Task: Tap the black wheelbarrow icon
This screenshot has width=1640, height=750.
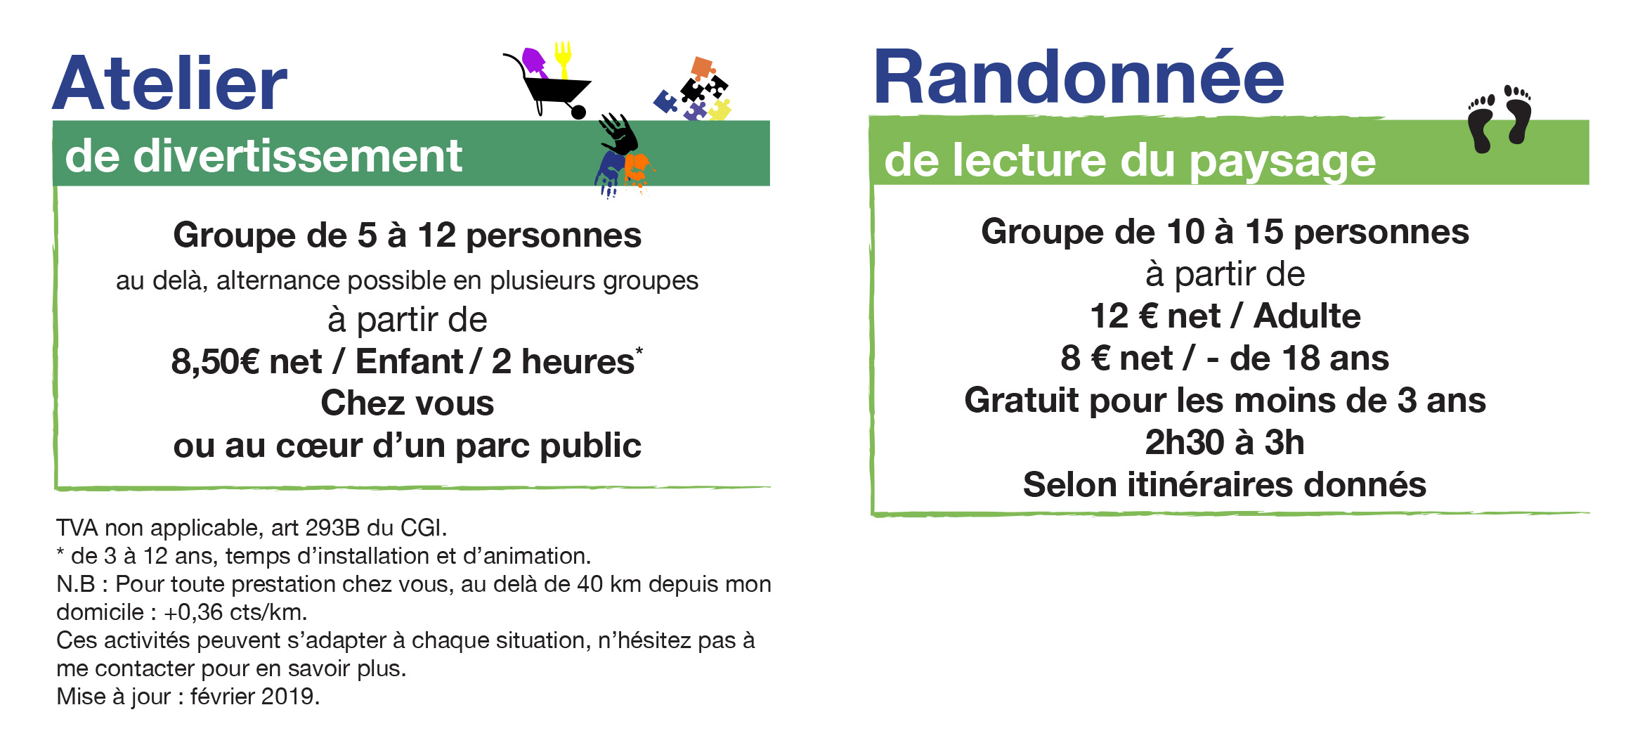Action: point(547,88)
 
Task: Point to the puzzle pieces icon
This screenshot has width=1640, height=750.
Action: point(693,89)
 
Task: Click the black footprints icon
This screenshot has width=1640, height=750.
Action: point(1499,119)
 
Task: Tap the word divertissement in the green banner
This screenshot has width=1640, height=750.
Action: point(298,155)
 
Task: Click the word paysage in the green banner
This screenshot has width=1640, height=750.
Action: point(1282,162)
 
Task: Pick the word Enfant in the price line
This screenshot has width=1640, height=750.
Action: point(409,361)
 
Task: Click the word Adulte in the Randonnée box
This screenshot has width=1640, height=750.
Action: point(1307,316)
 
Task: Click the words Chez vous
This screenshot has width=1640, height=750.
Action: point(408,403)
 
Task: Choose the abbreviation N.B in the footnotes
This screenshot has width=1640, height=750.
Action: point(75,584)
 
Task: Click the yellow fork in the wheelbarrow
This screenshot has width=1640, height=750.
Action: point(563,58)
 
